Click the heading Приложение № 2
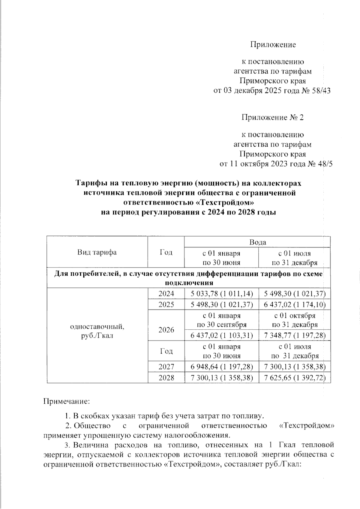[x=273, y=117]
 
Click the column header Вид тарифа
[x=97, y=252]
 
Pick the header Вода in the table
[x=257, y=242]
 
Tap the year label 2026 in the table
[x=166, y=330]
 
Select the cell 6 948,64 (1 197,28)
[x=221, y=367]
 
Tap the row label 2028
[x=166, y=377]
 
